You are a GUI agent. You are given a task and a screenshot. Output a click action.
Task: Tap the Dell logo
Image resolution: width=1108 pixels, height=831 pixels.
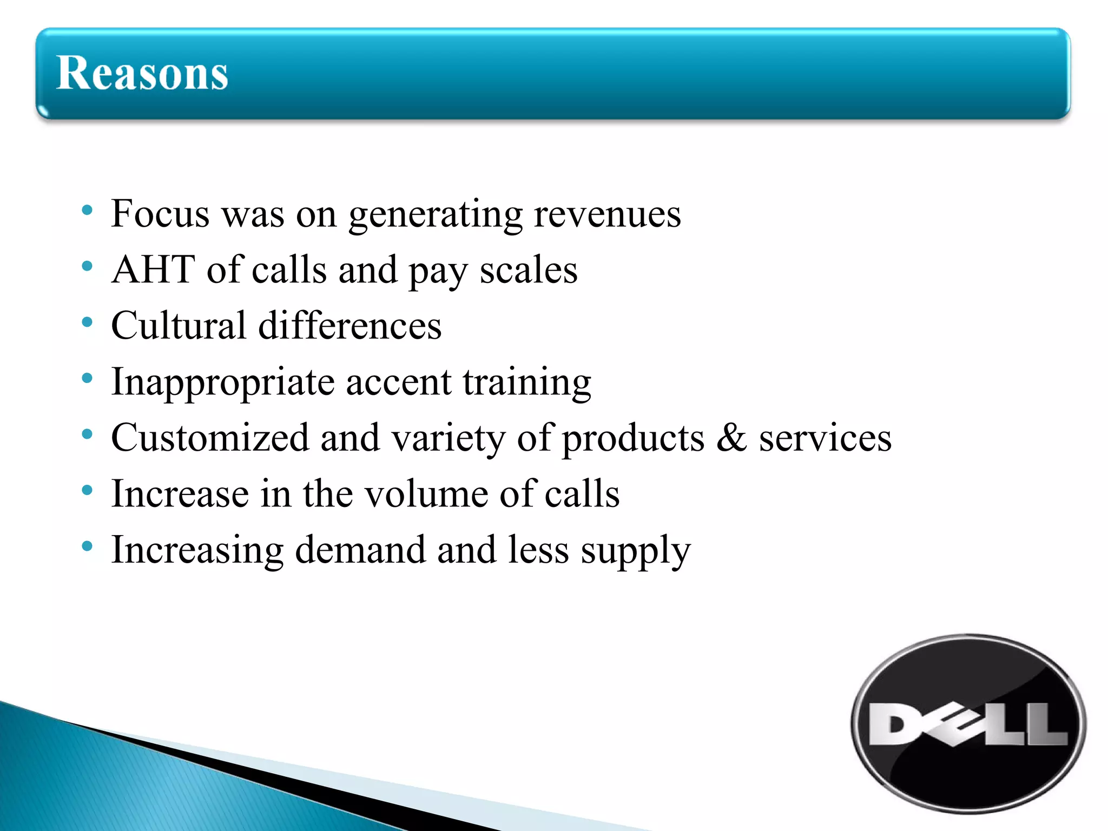(968, 724)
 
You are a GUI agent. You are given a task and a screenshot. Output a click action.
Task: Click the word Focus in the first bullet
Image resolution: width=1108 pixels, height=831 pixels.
(160, 214)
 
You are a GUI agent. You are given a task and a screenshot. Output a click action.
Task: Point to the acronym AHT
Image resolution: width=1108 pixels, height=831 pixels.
(153, 269)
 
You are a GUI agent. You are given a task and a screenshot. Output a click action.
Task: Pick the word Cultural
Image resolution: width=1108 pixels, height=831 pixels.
(179, 326)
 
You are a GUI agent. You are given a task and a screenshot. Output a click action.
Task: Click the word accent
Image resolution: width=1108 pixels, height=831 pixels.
(399, 382)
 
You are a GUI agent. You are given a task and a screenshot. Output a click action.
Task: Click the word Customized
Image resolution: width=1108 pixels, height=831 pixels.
(210, 438)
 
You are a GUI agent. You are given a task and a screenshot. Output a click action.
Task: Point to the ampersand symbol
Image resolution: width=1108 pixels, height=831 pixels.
(731, 438)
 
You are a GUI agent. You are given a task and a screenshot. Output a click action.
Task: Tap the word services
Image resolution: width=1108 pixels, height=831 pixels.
(825, 438)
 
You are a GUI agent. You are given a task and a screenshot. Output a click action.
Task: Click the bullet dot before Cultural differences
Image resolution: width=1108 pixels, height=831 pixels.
(87, 322)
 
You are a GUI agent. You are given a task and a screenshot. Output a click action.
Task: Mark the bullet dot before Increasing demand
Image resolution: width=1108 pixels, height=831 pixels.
(87, 546)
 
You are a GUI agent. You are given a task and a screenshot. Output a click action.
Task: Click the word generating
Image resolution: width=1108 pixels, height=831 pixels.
(435, 215)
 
